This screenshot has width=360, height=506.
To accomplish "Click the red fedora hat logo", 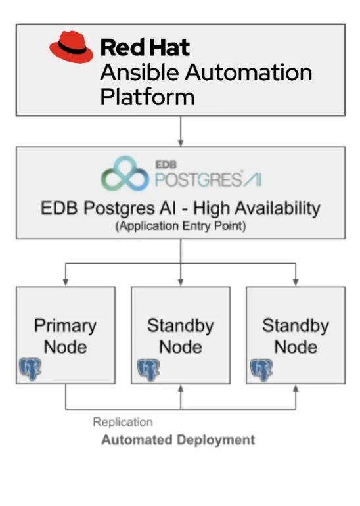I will (x=72, y=47).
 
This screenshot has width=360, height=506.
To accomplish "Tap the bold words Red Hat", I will (x=145, y=47).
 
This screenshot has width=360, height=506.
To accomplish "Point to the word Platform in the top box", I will (x=147, y=97).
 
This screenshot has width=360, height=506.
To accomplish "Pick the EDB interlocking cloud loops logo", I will (x=125, y=173).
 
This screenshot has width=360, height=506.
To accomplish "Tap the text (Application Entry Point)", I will (x=180, y=226).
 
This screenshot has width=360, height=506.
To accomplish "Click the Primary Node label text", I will (x=65, y=335).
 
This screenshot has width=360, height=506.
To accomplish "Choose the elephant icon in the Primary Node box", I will (x=30, y=370).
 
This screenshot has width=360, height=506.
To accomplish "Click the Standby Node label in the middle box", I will (x=180, y=335).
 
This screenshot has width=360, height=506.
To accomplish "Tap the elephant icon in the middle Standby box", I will (x=148, y=370).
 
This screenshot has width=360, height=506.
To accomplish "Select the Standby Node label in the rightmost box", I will (x=295, y=335).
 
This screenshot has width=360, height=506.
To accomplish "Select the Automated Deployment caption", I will (x=177, y=440).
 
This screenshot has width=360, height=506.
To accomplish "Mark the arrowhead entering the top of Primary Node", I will (x=65, y=283).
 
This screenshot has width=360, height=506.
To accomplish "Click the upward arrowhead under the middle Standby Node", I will (x=180, y=389).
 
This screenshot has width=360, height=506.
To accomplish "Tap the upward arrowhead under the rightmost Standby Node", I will (x=295, y=389).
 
